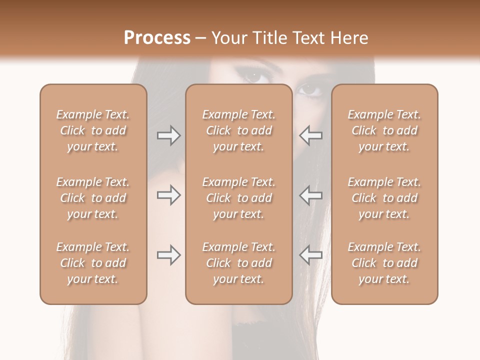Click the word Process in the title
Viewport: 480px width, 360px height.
click(157, 38)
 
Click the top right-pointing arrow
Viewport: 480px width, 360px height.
click(168, 135)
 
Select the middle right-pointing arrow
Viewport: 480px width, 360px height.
click(168, 195)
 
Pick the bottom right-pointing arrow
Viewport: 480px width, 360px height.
click(168, 255)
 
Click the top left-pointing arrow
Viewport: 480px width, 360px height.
click(311, 135)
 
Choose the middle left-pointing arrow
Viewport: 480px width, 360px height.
click(311, 195)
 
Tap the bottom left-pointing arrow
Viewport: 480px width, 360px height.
click(311, 255)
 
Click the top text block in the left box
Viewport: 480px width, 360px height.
click(93, 130)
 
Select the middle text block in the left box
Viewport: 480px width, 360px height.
click(93, 198)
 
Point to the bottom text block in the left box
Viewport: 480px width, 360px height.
click(93, 263)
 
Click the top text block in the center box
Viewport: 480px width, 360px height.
click(239, 130)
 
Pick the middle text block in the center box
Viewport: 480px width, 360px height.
click(239, 198)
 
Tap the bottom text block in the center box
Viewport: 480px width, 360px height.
click(239, 263)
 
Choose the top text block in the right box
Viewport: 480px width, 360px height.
click(384, 130)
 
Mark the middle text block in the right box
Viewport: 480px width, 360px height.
click(384, 198)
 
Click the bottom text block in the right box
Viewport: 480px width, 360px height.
click(384, 263)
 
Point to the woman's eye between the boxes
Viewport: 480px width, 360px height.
click(311, 90)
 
